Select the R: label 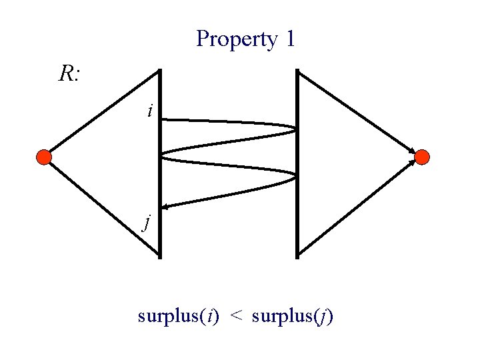click(x=69, y=74)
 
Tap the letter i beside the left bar click(x=150, y=111)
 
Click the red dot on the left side click(x=43, y=157)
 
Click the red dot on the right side click(x=422, y=157)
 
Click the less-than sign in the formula click(x=236, y=317)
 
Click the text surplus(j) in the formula click(x=293, y=316)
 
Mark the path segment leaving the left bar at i click(x=227, y=121)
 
